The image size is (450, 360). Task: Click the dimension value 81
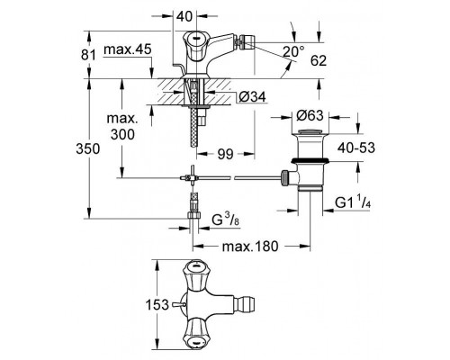pyautogui.click(x=88, y=56)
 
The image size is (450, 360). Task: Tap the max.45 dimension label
pyautogui.click(x=128, y=49)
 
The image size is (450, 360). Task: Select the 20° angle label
pyautogui.click(x=293, y=52)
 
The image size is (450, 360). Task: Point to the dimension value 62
pyautogui.click(x=319, y=60)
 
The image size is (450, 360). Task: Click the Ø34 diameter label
pyautogui.click(x=252, y=97)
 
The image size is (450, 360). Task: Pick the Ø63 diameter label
pyautogui.click(x=310, y=115)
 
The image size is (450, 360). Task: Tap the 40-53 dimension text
pyautogui.click(x=356, y=148)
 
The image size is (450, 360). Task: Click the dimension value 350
pyautogui.click(x=87, y=148)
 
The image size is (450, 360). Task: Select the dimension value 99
pyautogui.click(x=225, y=154)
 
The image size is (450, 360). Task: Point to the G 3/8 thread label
pyautogui.click(x=226, y=220)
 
